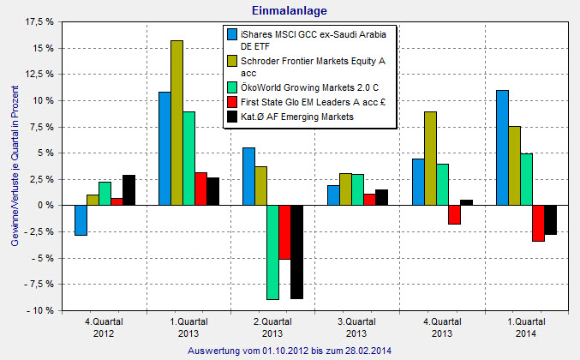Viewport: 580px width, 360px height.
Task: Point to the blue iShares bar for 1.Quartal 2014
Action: (x=502, y=147)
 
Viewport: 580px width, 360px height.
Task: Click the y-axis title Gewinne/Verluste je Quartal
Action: (x=16, y=171)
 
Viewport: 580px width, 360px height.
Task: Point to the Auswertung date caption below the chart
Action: (x=289, y=350)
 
